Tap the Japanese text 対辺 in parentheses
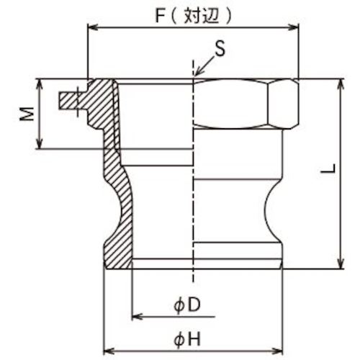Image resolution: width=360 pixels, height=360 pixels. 196,13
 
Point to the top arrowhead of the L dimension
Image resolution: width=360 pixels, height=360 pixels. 338,82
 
